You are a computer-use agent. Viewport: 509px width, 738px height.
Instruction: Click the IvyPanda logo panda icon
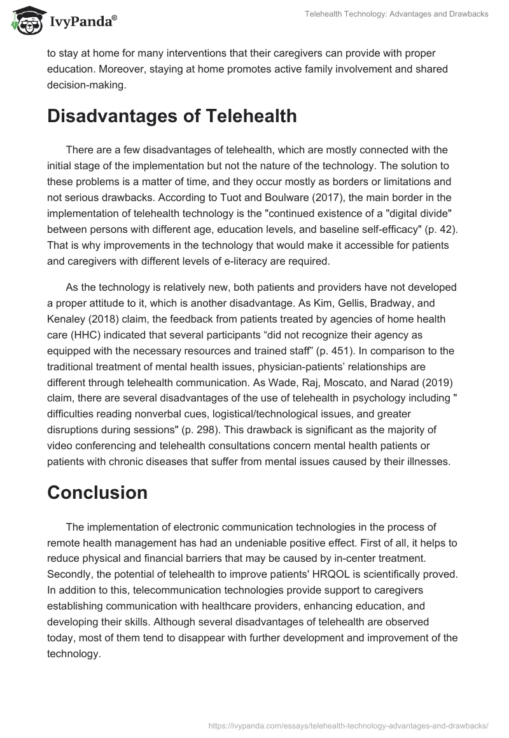[24, 20]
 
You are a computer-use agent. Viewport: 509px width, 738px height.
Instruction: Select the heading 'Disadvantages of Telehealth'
[172, 116]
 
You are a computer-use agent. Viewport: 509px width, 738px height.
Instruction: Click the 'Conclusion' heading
[97, 492]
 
